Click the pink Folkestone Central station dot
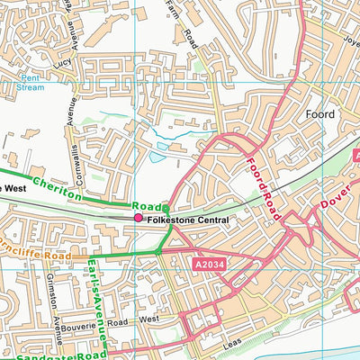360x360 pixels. coord(138,218)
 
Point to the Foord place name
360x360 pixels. coord(319,114)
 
